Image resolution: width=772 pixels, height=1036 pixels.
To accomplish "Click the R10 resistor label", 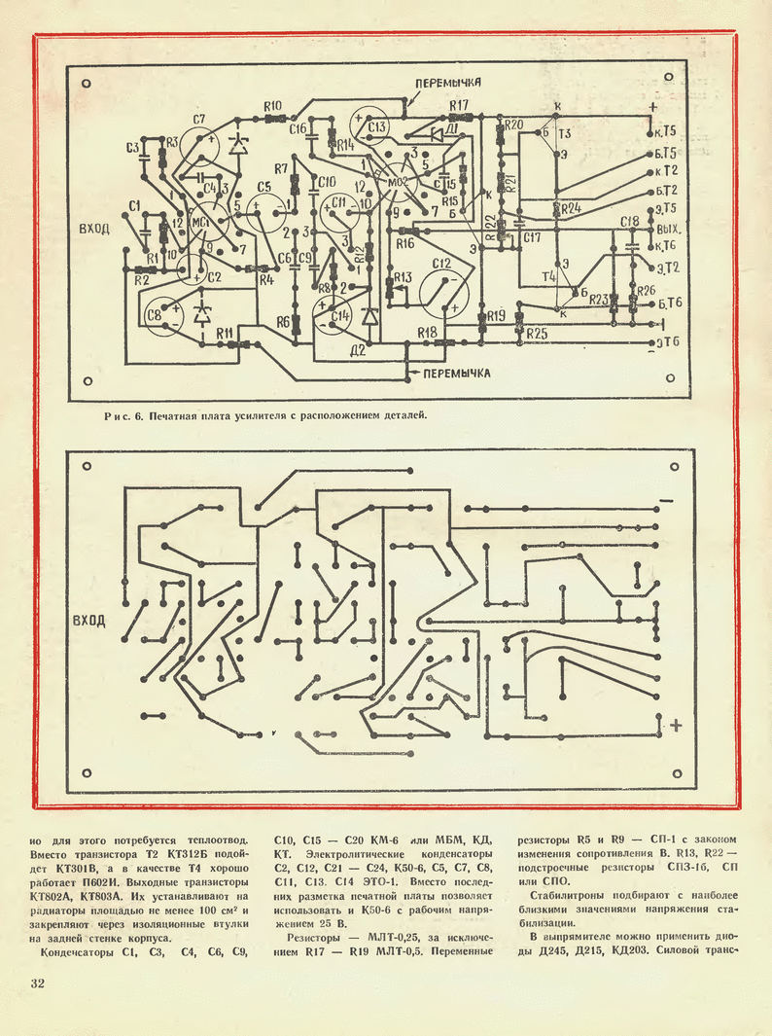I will [272, 105].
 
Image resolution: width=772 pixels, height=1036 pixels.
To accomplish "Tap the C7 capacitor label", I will [199, 120].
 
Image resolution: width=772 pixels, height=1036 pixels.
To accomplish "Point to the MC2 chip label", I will [398, 182].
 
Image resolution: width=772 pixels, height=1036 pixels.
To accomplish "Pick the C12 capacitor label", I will [442, 264].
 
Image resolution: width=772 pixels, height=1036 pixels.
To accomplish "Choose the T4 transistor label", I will [549, 277].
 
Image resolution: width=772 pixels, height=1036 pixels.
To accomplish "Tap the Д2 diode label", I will [357, 350].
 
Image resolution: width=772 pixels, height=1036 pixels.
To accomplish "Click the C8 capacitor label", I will [154, 314].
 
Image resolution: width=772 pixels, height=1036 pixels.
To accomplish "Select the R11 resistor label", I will [225, 333].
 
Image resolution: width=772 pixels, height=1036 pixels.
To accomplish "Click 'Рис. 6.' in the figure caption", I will [123, 416].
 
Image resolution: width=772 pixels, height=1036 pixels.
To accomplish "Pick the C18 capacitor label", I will [629, 221].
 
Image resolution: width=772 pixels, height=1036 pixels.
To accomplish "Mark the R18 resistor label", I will [426, 333].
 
